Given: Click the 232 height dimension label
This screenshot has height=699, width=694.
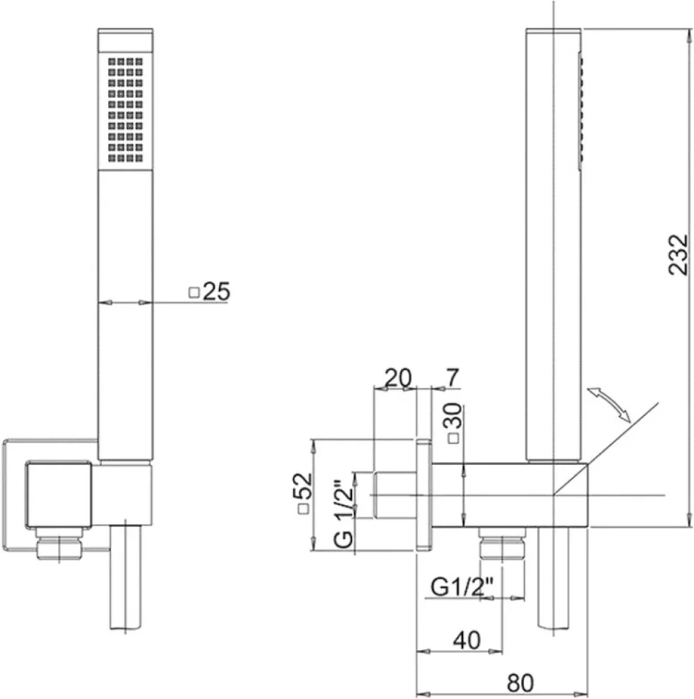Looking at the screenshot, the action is click(678, 254).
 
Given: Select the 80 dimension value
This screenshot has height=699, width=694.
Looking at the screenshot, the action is click(520, 682).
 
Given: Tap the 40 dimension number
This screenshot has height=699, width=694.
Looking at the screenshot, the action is click(467, 640).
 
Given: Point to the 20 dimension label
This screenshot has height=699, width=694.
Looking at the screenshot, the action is click(398, 378).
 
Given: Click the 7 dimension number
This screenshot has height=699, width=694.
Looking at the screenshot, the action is click(451, 378).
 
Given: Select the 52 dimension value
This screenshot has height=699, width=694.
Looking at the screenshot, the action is click(302, 486).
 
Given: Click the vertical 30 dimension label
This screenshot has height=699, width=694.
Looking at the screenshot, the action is click(453, 416).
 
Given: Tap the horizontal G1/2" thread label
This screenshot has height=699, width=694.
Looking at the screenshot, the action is click(462, 587).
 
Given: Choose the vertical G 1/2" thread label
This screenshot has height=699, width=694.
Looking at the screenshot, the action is click(343, 514).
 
